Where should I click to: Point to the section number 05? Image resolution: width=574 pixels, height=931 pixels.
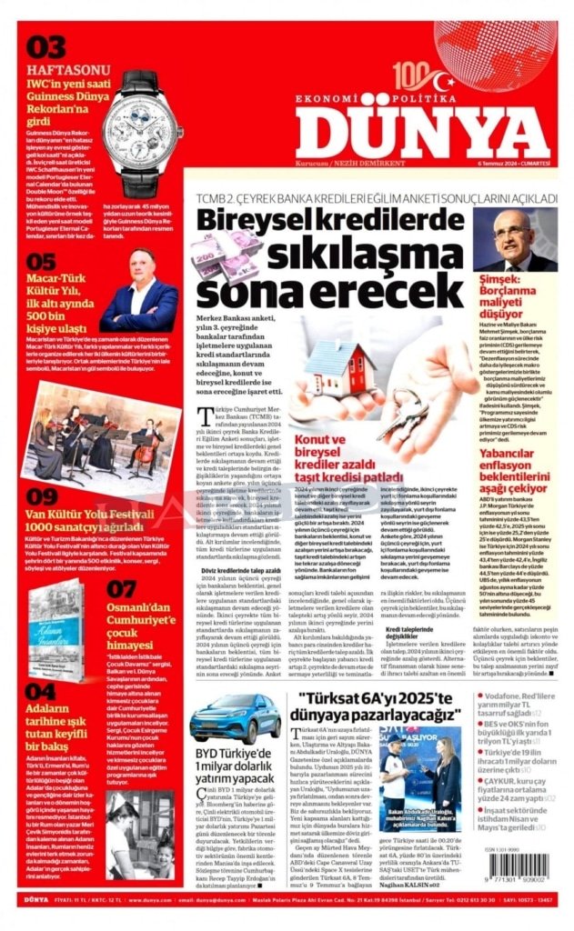[41, 263]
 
